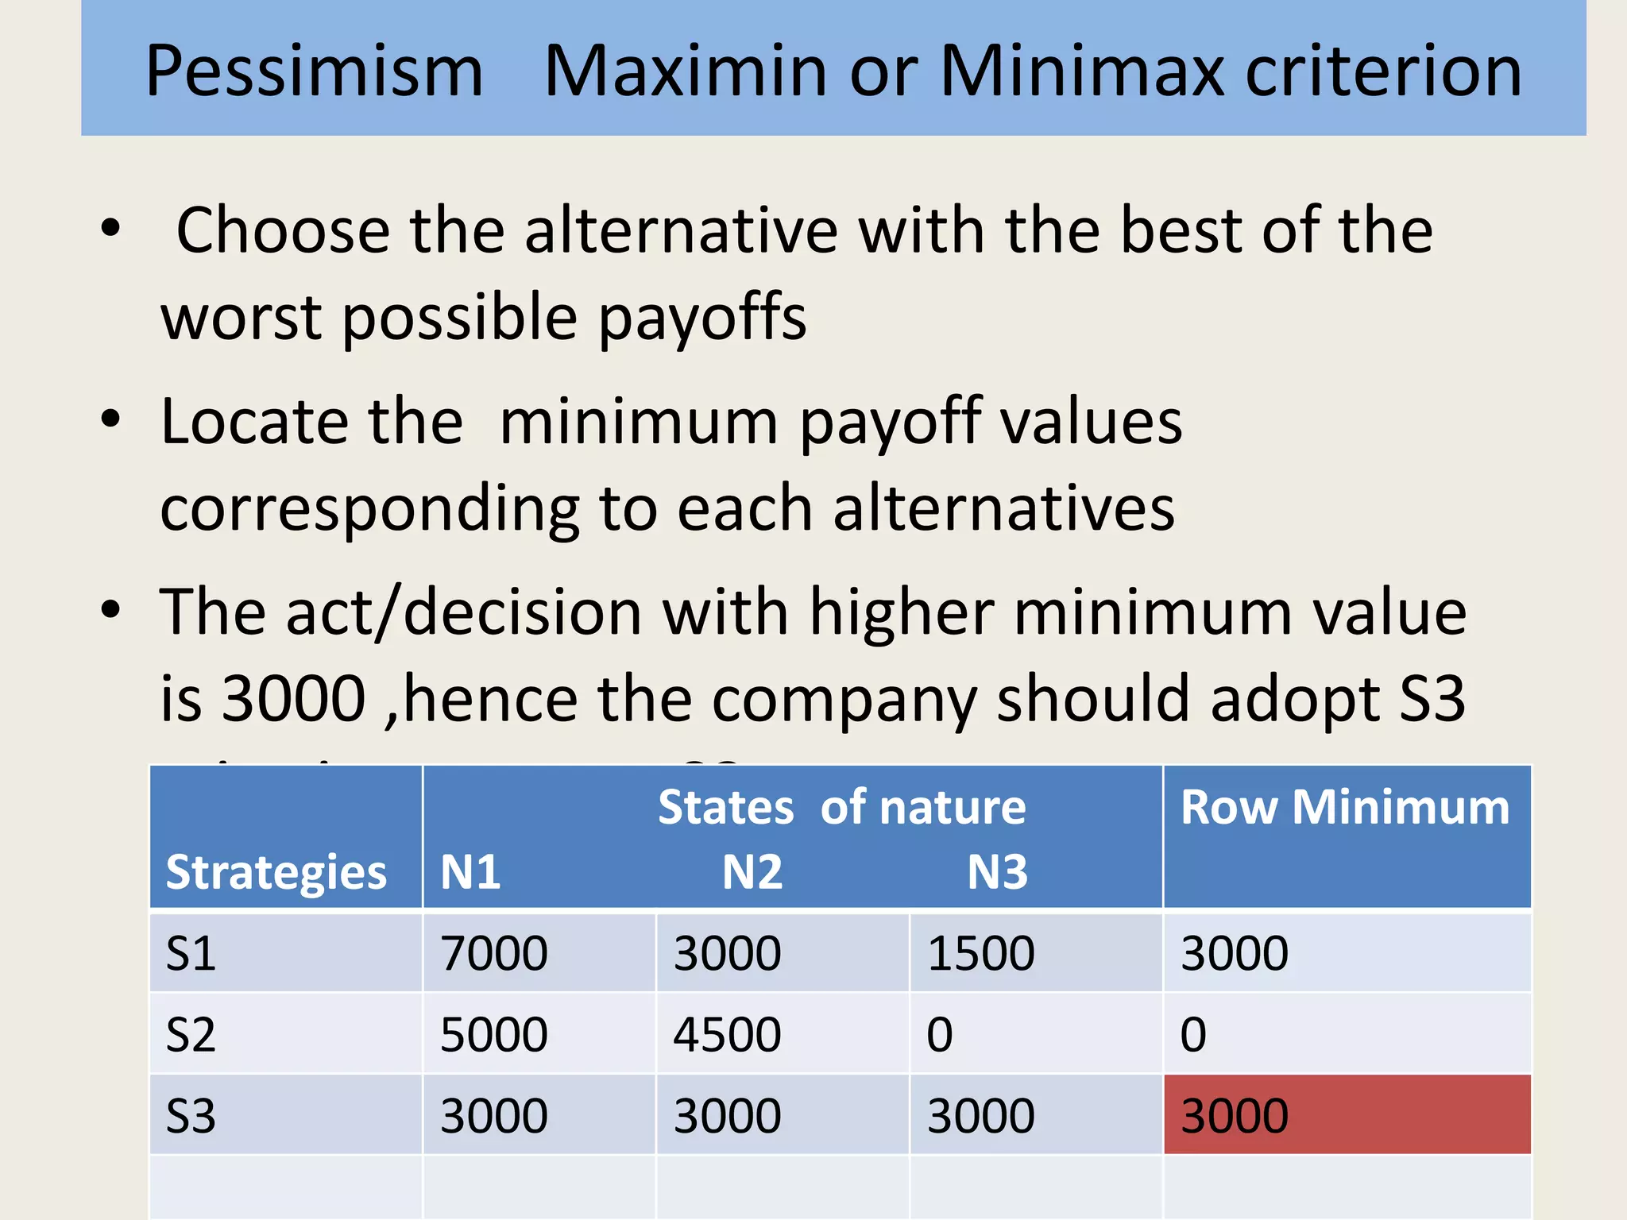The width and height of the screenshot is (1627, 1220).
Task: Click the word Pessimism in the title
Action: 314,71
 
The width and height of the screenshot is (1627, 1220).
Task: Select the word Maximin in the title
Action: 685,71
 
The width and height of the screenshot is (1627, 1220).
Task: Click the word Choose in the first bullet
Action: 283,230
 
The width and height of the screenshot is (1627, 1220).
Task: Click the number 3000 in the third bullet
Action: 293,699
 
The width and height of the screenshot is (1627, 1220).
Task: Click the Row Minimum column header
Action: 1345,808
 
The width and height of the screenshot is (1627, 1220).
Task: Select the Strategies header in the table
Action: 276,873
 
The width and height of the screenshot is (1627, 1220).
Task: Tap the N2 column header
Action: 752,872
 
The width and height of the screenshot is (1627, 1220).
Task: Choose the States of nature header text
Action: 841,808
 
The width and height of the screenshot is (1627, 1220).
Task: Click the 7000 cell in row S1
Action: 493,953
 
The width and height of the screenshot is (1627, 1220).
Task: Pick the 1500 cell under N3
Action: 981,953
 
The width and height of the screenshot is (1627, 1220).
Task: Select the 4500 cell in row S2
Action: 727,1035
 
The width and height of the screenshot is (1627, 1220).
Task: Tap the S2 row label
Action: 191,1035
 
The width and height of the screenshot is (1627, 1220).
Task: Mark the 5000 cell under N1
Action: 493,1035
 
